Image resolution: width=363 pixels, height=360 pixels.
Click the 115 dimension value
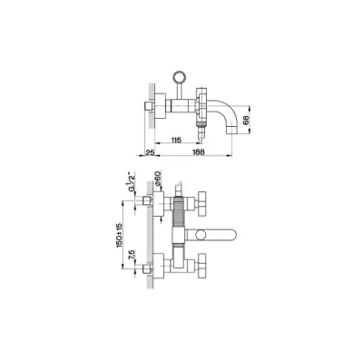point(176,140)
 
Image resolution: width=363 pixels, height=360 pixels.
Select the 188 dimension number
point(199,152)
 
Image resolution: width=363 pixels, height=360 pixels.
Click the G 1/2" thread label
point(132,181)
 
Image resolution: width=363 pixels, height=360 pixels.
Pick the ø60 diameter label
point(158,178)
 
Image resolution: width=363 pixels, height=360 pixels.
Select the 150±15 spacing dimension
point(119,235)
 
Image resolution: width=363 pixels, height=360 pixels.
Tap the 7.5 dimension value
point(131,255)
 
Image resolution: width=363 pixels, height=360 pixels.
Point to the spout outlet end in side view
point(231,130)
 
